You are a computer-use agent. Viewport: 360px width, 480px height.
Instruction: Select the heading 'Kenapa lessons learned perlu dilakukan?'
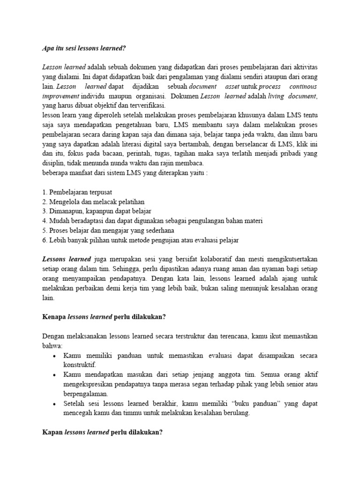tap(104, 316)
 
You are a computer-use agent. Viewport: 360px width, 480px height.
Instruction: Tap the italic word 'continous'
tap(303, 87)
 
